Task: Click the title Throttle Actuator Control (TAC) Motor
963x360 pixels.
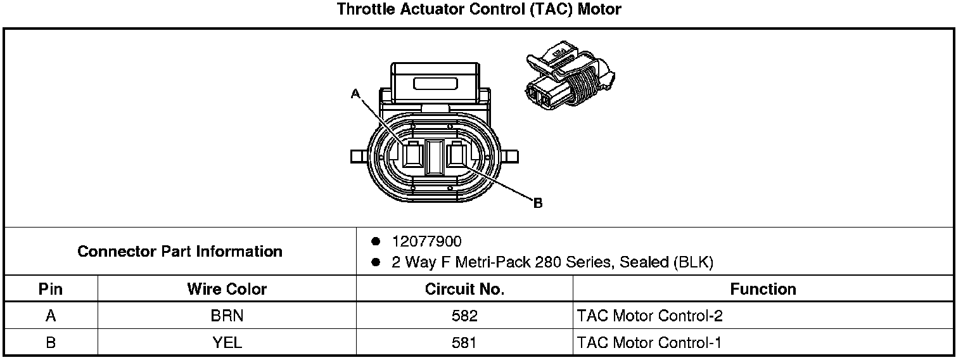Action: coord(478,10)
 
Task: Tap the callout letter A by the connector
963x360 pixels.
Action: coord(355,94)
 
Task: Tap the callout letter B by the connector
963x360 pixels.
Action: coord(537,203)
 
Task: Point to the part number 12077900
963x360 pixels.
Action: coord(426,241)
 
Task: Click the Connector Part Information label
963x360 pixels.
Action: coord(180,252)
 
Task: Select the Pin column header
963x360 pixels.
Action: coord(51,290)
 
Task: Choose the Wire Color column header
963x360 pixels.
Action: coord(227,290)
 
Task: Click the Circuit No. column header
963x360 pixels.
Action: coord(464,290)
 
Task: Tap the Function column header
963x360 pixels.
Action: coord(763,290)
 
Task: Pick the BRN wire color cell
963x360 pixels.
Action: coord(227,316)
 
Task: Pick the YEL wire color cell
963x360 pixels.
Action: coord(227,343)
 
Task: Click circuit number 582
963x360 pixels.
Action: coord(464,316)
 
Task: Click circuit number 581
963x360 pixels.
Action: coord(464,343)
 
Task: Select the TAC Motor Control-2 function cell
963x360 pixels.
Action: coord(649,316)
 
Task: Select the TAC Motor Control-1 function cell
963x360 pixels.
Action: coord(649,343)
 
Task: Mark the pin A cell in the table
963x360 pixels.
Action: coord(51,316)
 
